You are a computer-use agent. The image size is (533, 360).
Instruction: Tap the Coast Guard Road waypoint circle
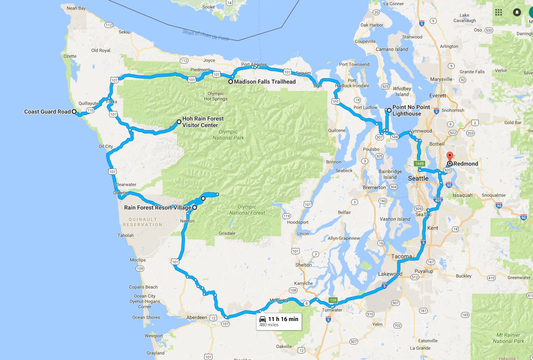point(74,112)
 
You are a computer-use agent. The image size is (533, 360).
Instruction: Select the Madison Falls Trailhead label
point(265,82)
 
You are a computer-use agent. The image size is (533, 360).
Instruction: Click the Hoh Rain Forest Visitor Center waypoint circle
point(179,122)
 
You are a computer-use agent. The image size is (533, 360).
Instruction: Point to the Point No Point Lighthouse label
point(411,110)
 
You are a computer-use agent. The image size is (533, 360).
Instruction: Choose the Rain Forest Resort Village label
point(157,207)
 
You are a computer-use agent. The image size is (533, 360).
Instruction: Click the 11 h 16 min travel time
point(283,319)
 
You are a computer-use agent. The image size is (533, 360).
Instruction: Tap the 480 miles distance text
point(269,325)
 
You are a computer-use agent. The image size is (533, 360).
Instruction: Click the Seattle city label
point(418,178)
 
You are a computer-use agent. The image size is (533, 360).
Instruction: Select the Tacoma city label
point(401,256)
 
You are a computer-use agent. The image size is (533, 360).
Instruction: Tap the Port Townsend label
point(354,64)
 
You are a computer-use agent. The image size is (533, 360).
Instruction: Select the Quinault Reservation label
point(143,222)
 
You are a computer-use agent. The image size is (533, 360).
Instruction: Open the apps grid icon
point(499,12)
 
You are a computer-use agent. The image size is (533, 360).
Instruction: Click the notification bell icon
point(517,12)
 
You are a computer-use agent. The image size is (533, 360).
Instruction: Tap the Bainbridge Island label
point(390,174)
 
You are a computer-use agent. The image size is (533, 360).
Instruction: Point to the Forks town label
point(111,102)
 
